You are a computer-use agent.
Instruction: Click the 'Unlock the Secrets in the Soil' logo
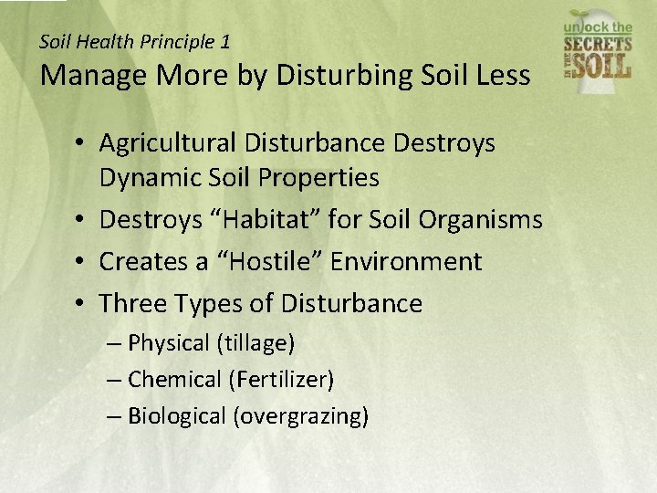coord(598,45)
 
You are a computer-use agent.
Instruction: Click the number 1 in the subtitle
coord(225,41)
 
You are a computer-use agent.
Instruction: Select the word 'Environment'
coord(406,261)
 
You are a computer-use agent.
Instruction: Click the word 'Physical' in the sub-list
coord(169,343)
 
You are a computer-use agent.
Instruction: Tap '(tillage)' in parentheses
coord(255,343)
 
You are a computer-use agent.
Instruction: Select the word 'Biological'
coord(177,416)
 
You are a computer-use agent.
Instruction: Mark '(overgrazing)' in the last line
coord(301,416)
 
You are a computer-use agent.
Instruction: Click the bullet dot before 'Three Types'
coord(81,303)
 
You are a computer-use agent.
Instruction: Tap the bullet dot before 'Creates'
coord(81,262)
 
